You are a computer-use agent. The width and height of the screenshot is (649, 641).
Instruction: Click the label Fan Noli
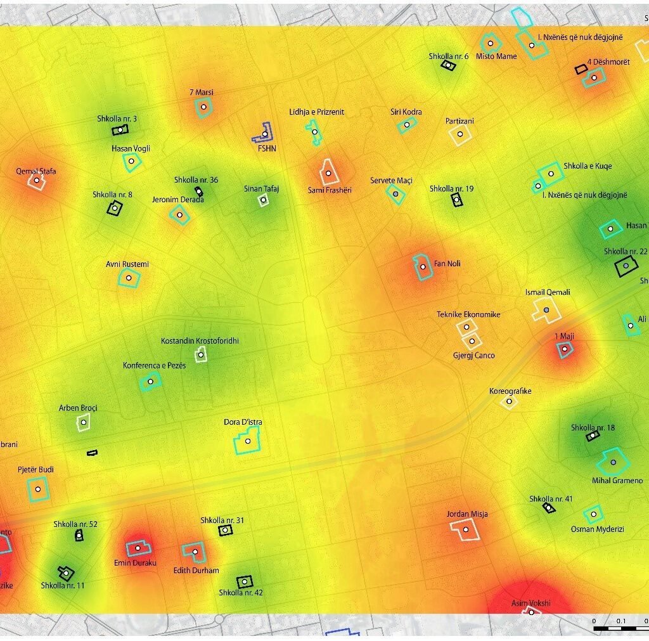tap(447, 263)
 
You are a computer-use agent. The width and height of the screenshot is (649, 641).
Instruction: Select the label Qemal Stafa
tap(36, 171)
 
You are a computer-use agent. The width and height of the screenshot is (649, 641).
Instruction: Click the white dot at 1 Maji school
tap(564, 349)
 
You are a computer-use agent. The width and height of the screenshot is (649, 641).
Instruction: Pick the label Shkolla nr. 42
tap(241, 593)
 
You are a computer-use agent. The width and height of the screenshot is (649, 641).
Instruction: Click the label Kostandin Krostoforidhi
tap(200, 341)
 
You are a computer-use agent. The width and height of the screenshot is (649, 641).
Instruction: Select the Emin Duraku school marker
tap(138, 548)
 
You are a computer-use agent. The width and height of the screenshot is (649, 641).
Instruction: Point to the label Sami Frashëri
tap(329, 190)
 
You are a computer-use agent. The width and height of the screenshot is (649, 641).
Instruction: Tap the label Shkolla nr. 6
tap(448, 56)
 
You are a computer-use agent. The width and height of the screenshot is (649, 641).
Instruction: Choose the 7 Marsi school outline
tap(203, 107)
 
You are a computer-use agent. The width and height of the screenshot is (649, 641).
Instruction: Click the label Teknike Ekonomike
tap(468, 314)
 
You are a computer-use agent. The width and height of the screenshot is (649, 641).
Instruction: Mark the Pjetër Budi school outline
tap(39, 489)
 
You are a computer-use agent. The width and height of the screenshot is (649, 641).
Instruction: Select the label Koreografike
tap(510, 391)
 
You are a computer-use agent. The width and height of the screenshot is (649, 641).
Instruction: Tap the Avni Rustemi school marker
tap(129, 278)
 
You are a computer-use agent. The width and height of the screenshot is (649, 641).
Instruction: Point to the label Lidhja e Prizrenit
tap(316, 112)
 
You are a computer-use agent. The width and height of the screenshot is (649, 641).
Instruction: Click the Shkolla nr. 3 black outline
tap(120, 130)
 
